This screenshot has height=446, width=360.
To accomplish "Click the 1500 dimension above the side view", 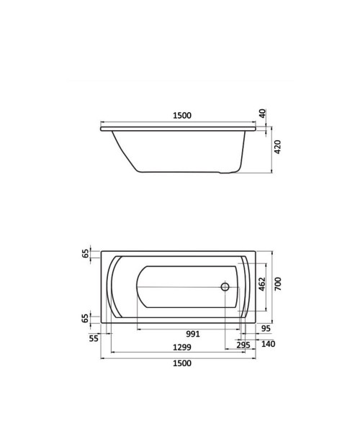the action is (182, 116).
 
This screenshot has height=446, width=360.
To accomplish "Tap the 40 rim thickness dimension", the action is (263, 113).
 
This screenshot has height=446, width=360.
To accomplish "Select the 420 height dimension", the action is (277, 147).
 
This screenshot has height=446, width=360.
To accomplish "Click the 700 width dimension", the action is (278, 283).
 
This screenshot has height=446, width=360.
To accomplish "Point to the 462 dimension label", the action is (262, 284).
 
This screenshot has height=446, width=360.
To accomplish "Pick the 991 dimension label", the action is (193, 334).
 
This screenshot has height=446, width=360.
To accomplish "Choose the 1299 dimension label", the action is (182, 347).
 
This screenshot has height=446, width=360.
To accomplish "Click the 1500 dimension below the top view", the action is (182, 363).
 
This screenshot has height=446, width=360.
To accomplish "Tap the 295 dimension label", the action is (243, 345).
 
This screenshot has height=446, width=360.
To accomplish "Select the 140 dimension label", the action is (268, 344).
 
